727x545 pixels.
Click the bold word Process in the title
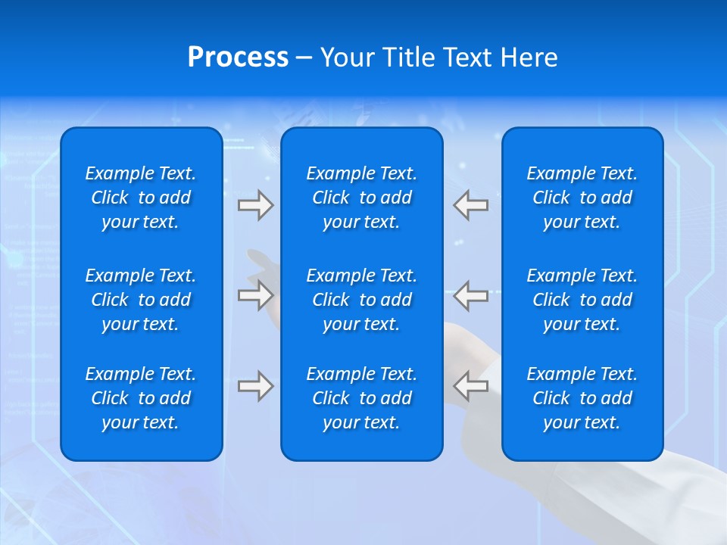coord(238,58)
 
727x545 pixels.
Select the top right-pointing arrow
coord(255,205)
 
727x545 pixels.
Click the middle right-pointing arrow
coord(255,295)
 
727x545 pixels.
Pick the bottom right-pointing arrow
coord(255,386)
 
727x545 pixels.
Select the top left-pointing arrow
coord(471,205)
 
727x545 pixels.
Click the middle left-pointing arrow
coord(471,295)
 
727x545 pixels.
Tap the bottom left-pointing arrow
coord(471,386)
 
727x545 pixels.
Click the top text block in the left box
coord(141,198)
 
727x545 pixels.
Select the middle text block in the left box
coord(141,300)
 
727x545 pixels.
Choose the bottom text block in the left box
coord(141,398)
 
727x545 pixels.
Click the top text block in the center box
coord(361,198)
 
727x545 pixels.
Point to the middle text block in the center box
coord(361,300)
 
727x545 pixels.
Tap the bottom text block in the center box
coord(361,398)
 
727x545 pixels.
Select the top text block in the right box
coord(582,198)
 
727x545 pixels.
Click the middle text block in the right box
coord(582,300)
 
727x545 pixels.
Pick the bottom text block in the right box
coord(582,398)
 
